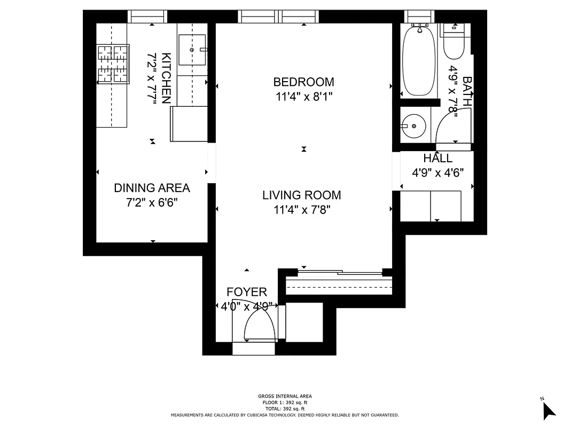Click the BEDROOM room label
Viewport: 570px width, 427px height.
tap(303, 82)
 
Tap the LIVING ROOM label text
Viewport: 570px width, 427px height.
tap(301, 195)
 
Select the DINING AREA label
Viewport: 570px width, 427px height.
tap(152, 188)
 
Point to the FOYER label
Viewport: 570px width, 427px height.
tap(246, 292)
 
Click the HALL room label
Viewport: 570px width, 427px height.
tap(438, 159)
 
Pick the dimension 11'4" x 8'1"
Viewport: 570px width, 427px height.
tap(303, 97)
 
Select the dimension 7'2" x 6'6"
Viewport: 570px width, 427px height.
tap(152, 203)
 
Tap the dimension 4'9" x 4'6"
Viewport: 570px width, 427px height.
tap(438, 173)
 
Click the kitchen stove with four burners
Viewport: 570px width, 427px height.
tap(113, 64)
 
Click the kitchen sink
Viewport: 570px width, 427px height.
tap(192, 50)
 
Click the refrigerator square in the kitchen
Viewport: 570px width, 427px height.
tap(188, 124)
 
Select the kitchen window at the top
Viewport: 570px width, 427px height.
tap(149, 18)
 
